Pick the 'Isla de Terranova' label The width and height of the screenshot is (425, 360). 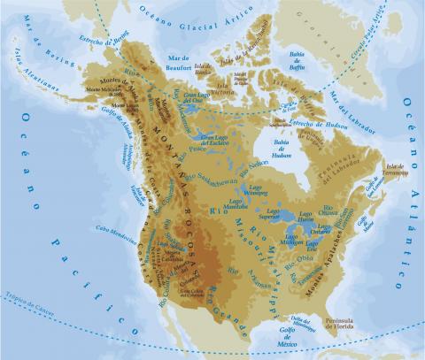pyautogui.click(x=396, y=167)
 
